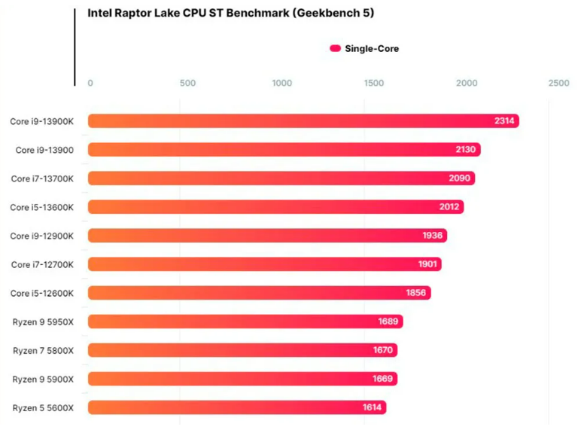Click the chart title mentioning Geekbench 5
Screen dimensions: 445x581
[x=230, y=13]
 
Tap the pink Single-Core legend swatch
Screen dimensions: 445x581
[x=335, y=49]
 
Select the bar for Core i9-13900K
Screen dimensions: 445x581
[x=301, y=121]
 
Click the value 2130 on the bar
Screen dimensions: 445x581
[x=465, y=150]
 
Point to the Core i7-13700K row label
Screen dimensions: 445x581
[x=42, y=178]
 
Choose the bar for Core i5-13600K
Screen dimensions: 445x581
[x=275, y=207]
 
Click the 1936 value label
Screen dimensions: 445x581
[x=432, y=236]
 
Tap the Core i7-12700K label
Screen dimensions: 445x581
[x=42, y=264]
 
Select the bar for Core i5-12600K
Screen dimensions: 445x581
[x=259, y=293]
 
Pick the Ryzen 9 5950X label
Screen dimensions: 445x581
[x=43, y=322]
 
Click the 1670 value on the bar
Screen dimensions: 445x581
[x=382, y=350]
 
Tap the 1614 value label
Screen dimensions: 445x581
[x=373, y=407]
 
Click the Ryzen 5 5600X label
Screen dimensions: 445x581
[x=43, y=407]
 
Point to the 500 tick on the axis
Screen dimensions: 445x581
[x=187, y=83]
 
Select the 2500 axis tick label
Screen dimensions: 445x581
[x=558, y=83]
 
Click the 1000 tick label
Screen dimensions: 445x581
[x=282, y=83]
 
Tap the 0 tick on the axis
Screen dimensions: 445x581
[x=90, y=83]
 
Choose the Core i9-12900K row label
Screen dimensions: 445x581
[x=42, y=236]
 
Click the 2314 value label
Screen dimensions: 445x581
[x=504, y=121]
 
